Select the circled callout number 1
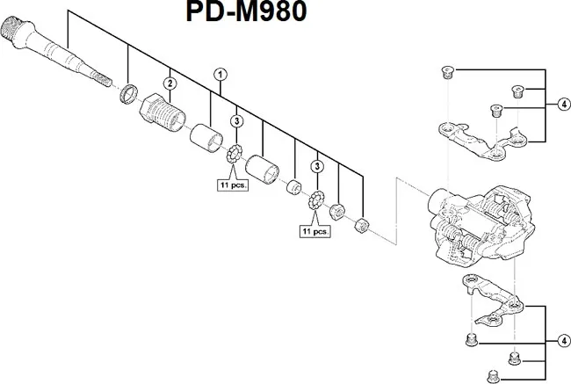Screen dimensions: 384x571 220,74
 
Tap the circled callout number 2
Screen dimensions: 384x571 170,83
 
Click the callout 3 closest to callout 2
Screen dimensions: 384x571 236,120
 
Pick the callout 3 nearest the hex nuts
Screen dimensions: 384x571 317,167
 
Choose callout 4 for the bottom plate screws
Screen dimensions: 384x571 562,340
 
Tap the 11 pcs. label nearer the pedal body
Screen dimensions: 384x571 314,232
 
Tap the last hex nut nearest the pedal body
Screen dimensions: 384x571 358,227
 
